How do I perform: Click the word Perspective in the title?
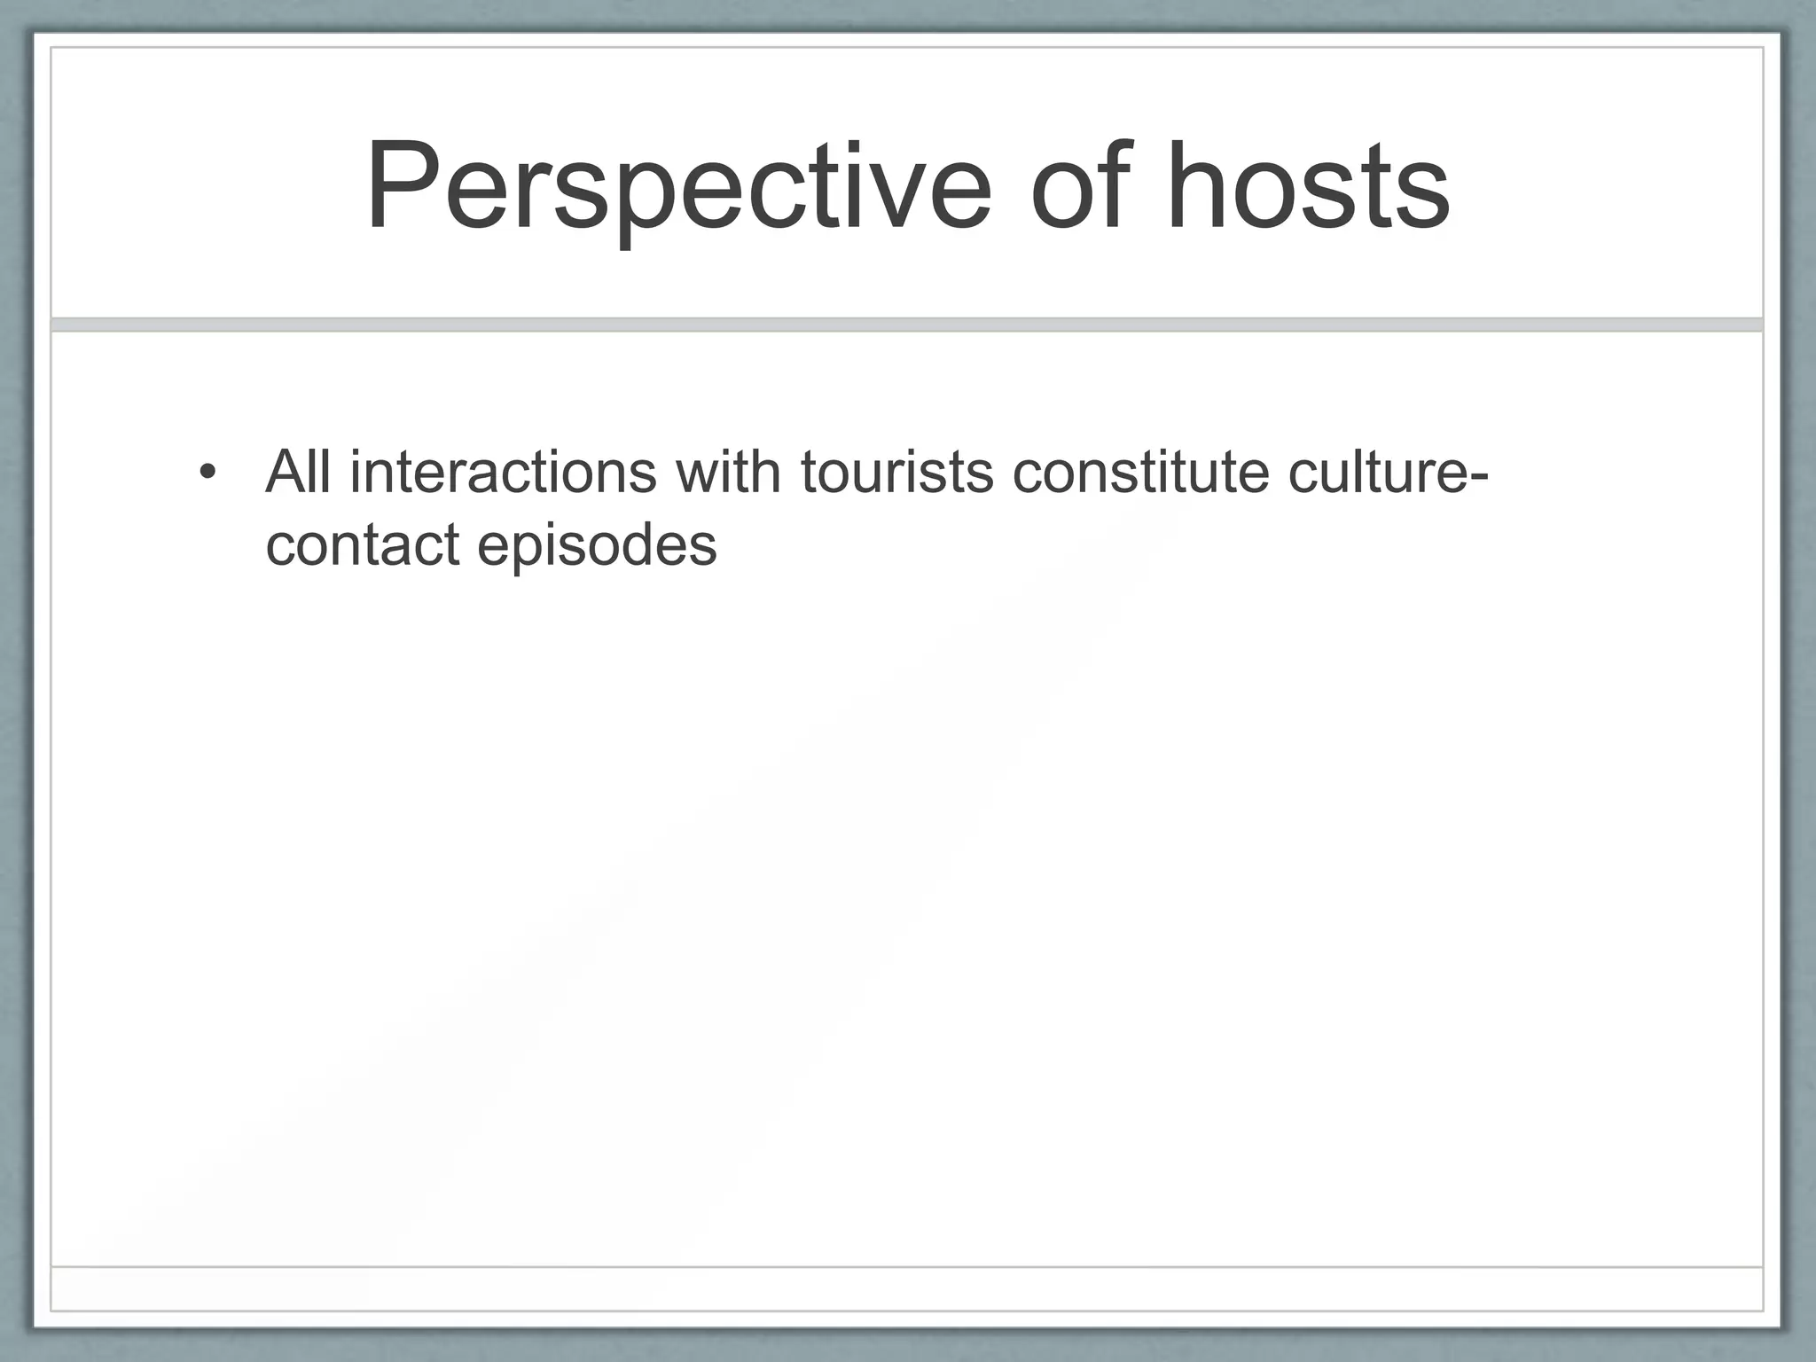(x=678, y=188)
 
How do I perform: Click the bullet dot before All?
(x=207, y=471)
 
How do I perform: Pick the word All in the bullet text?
(x=299, y=471)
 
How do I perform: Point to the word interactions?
(x=503, y=471)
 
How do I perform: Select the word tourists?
(x=896, y=471)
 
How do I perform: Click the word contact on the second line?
(x=363, y=544)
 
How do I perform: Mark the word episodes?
(x=597, y=545)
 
